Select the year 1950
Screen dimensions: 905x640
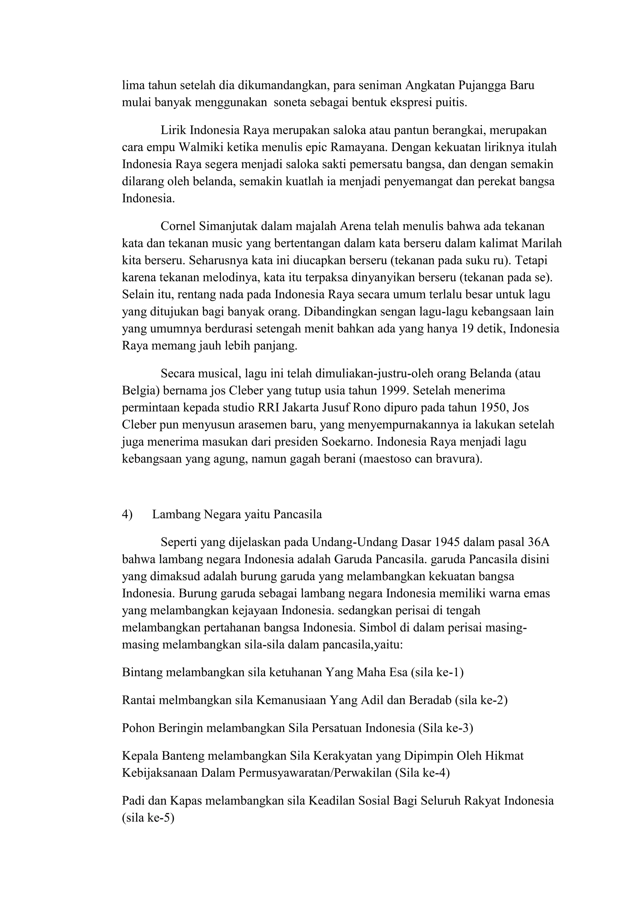[486, 407]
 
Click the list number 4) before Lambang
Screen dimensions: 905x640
[127, 514]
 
